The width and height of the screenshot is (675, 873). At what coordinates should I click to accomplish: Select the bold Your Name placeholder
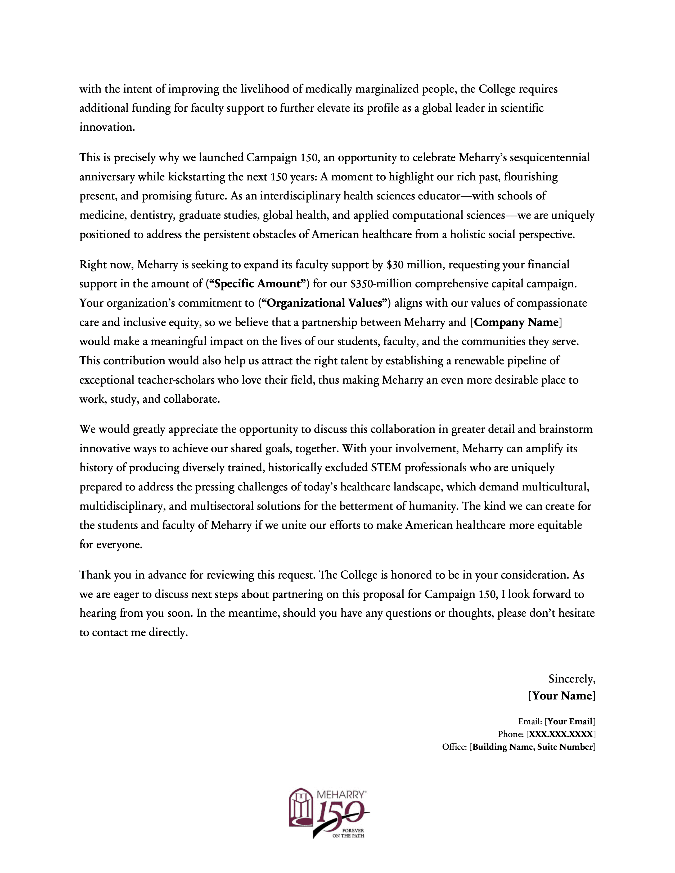tap(562, 696)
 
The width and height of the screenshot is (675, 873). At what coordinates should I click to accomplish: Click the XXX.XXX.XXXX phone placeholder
tap(561, 734)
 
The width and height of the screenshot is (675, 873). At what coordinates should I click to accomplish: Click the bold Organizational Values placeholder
tap(324, 303)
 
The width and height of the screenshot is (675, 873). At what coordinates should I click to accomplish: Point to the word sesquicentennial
tap(550, 157)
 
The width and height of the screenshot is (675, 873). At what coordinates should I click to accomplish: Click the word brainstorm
tap(565, 429)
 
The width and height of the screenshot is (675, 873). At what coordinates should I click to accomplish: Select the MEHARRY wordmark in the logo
tap(340, 795)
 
